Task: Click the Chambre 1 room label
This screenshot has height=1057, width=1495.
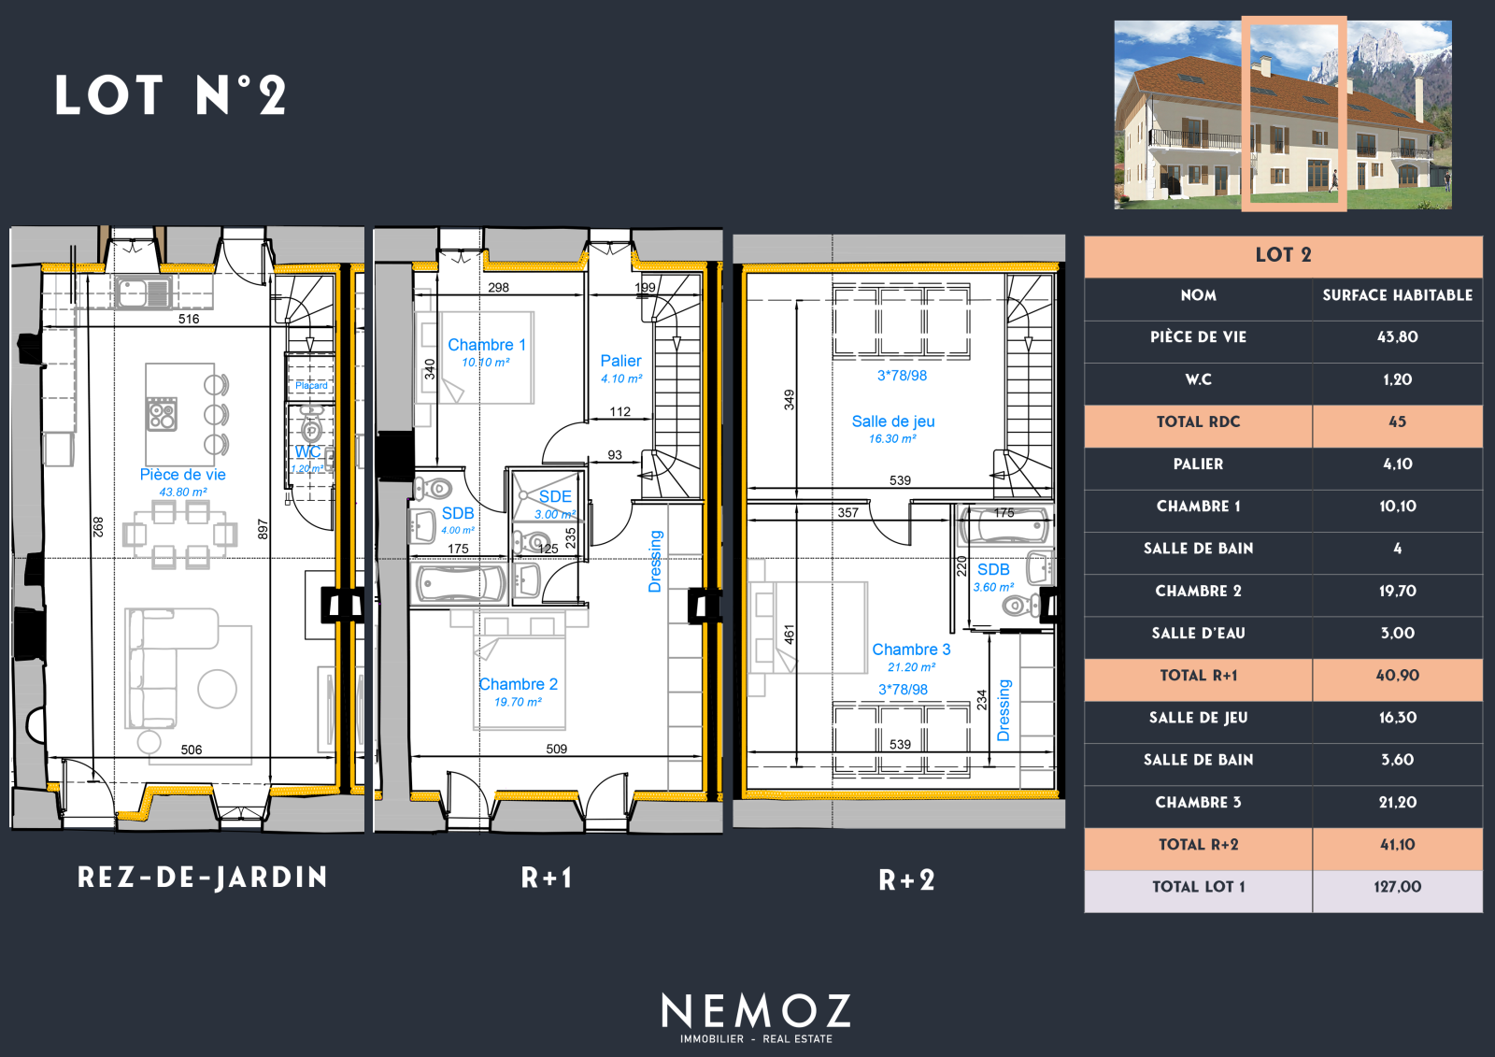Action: pyautogui.click(x=487, y=345)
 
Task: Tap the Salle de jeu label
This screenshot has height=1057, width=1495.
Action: pyautogui.click(x=893, y=421)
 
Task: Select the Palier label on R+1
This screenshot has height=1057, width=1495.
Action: pyautogui.click(x=620, y=361)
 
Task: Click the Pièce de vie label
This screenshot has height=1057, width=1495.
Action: pyautogui.click(x=182, y=474)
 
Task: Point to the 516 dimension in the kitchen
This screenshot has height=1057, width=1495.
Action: pyautogui.click(x=189, y=320)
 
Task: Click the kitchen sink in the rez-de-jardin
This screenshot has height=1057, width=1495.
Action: pyautogui.click(x=143, y=293)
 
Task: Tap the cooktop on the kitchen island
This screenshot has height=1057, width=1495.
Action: pyautogui.click(x=162, y=414)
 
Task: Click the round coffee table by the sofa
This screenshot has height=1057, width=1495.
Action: pyautogui.click(x=217, y=689)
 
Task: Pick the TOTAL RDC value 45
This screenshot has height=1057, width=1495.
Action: pyautogui.click(x=1397, y=422)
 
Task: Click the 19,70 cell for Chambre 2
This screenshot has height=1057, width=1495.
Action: pyautogui.click(x=1397, y=591)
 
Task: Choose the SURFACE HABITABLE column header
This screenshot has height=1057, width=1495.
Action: pyautogui.click(x=1397, y=295)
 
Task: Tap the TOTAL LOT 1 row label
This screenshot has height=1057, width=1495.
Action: pyautogui.click(x=1199, y=887)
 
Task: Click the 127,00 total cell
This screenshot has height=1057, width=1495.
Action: pyautogui.click(x=1397, y=887)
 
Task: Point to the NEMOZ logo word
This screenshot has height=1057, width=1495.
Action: pyautogui.click(x=756, y=1011)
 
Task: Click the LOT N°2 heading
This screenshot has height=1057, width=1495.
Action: pyautogui.click(x=171, y=94)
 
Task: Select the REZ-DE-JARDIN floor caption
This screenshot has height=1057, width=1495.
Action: pyautogui.click(x=202, y=878)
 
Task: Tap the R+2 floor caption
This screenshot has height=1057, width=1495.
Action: pyautogui.click(x=906, y=880)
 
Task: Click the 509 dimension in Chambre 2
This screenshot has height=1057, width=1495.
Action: pyautogui.click(x=557, y=750)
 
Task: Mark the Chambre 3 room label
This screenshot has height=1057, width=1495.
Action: pyautogui.click(x=911, y=649)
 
